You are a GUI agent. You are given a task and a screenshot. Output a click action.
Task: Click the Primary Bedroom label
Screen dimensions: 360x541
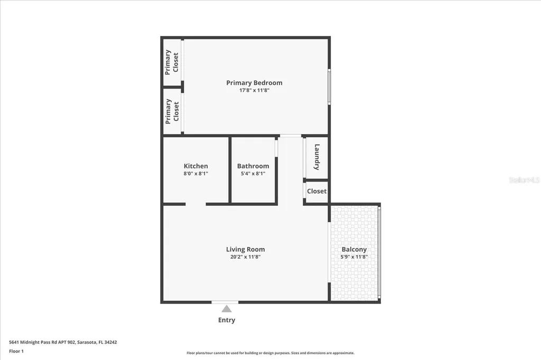pyautogui.click(x=254, y=83)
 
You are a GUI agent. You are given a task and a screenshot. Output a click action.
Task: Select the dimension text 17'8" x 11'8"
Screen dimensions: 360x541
pyautogui.click(x=254, y=91)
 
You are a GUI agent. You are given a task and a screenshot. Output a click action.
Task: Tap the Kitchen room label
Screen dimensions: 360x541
pyautogui.click(x=195, y=166)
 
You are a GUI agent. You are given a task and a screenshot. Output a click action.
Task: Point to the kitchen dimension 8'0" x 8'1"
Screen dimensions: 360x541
pyautogui.click(x=195, y=174)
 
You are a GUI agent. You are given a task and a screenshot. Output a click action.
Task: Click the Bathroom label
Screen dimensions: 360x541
pyautogui.click(x=253, y=166)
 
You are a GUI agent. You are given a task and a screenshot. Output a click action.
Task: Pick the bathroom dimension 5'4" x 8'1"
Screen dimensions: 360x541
pyautogui.click(x=253, y=174)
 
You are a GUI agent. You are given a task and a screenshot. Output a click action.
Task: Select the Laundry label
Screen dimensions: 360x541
pyautogui.click(x=317, y=157)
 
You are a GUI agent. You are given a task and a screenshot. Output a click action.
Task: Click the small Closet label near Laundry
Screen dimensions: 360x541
pyautogui.click(x=316, y=191)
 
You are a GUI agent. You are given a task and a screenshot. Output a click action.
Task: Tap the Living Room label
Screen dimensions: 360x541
pyautogui.click(x=245, y=249)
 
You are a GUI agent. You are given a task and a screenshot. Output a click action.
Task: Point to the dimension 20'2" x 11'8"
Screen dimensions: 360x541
pyautogui.click(x=245, y=257)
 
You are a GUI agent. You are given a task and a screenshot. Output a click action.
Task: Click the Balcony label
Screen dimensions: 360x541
pyautogui.click(x=354, y=249)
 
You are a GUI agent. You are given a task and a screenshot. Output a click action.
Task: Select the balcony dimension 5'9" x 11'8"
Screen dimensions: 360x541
pyautogui.click(x=354, y=257)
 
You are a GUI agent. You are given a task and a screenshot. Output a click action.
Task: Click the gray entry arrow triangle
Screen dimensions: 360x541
pyautogui.click(x=227, y=309)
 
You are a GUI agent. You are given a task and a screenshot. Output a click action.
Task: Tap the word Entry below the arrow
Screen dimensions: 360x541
pyautogui.click(x=227, y=320)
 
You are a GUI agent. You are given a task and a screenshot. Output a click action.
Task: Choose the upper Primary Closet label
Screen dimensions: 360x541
pyautogui.click(x=172, y=62)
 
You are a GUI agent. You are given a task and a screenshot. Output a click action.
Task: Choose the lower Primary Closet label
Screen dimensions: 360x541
pyautogui.click(x=172, y=111)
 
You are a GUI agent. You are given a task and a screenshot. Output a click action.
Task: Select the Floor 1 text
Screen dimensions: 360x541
pyautogui.click(x=16, y=351)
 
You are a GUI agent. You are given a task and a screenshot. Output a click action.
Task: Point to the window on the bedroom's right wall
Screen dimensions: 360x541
pyautogui.click(x=329, y=87)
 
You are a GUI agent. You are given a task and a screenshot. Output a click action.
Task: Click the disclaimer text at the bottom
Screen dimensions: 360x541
pyautogui.click(x=270, y=353)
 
